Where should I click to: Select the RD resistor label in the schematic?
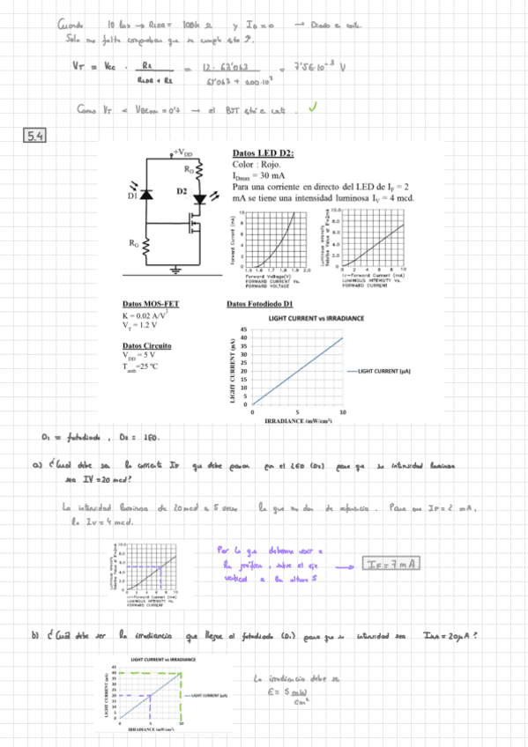(189, 167)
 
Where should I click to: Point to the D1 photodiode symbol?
(146, 196)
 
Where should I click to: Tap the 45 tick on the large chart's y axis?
(244, 329)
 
